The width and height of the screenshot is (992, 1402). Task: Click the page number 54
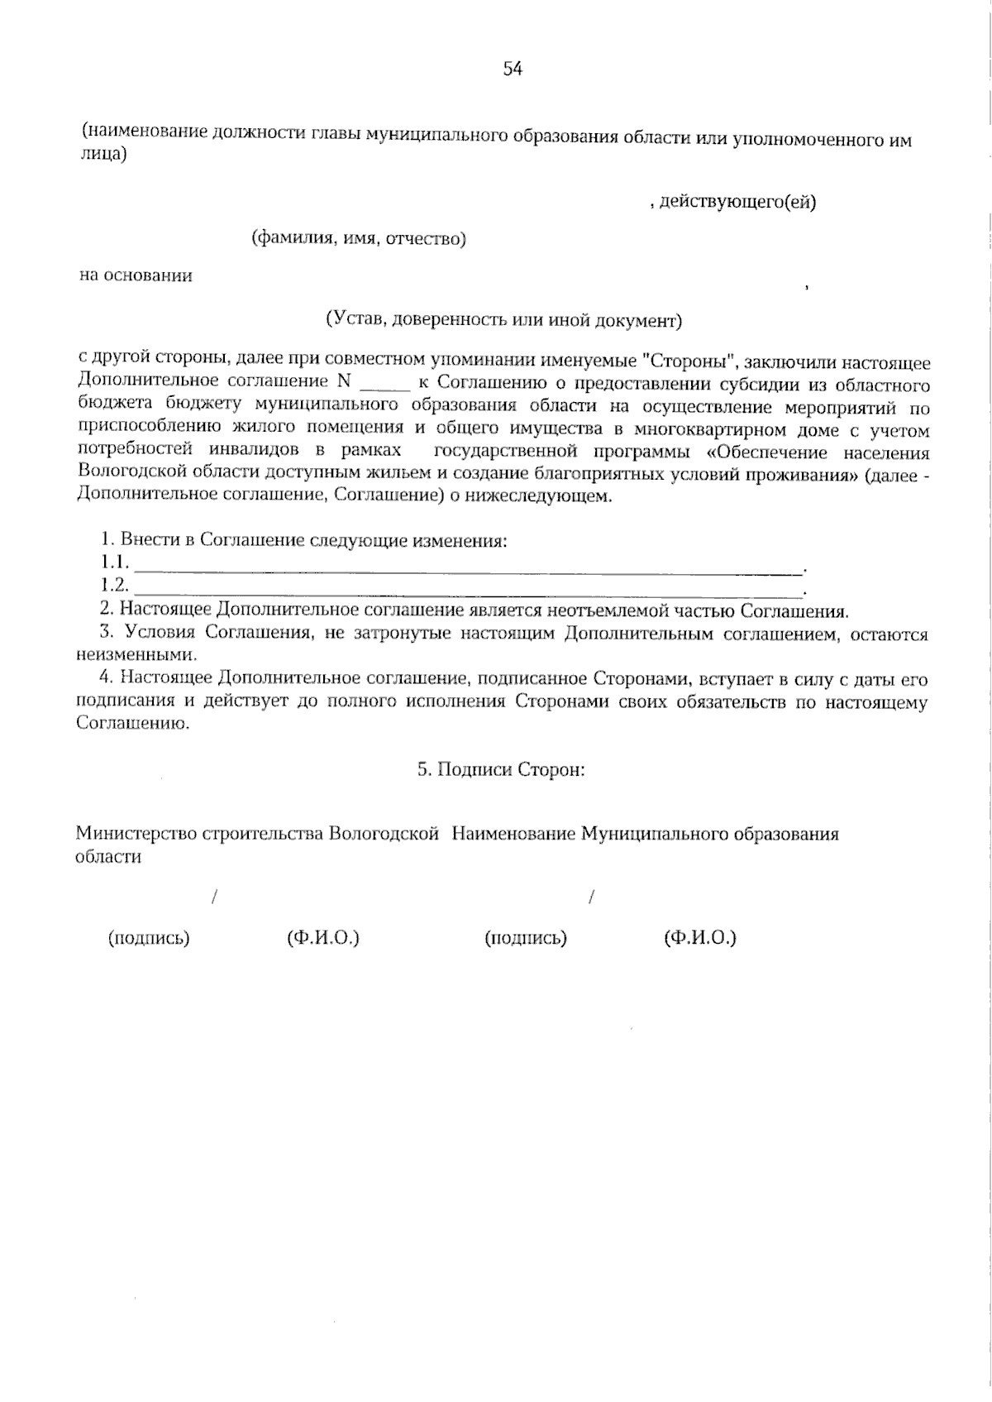tap(513, 69)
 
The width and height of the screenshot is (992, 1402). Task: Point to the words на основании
tap(136, 276)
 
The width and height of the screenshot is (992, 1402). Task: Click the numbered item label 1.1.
tap(115, 563)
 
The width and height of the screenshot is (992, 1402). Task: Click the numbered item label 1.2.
tap(115, 586)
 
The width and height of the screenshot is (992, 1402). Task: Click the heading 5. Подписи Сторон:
tap(501, 769)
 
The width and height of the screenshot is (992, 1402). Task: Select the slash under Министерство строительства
tap(214, 896)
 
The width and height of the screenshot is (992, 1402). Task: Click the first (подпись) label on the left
tap(149, 938)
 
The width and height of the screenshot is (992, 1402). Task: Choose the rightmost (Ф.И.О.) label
tap(699, 938)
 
